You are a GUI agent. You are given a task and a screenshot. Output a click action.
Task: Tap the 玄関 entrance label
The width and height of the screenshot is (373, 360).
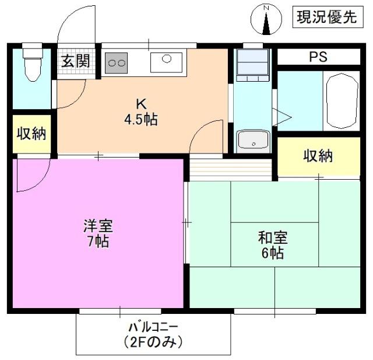(x=76, y=61)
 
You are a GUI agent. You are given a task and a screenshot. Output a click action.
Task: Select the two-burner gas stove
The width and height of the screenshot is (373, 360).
(x=116, y=63)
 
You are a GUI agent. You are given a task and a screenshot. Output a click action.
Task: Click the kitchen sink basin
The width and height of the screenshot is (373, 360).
(x=166, y=62)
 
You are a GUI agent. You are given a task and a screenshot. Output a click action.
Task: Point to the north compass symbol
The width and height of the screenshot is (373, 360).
(x=266, y=20)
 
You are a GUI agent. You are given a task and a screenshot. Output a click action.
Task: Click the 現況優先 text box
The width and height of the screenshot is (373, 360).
(x=328, y=17)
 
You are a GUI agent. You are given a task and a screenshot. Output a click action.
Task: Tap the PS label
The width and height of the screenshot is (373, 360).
(x=318, y=57)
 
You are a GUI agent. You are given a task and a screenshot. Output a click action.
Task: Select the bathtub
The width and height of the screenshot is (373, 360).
(x=342, y=101)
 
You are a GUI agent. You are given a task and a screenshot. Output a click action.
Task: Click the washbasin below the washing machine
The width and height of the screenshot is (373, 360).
(x=254, y=141)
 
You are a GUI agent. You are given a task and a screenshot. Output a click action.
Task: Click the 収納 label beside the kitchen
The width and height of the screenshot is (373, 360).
(x=31, y=134)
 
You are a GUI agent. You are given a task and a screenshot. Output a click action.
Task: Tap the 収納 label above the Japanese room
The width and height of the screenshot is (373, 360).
(x=318, y=156)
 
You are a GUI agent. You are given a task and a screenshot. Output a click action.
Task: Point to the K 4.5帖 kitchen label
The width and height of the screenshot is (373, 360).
(x=141, y=111)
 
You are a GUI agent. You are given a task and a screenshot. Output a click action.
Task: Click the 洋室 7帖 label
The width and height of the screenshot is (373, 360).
(x=98, y=233)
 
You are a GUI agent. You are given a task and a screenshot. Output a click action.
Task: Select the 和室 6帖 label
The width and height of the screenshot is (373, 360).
(x=273, y=245)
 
